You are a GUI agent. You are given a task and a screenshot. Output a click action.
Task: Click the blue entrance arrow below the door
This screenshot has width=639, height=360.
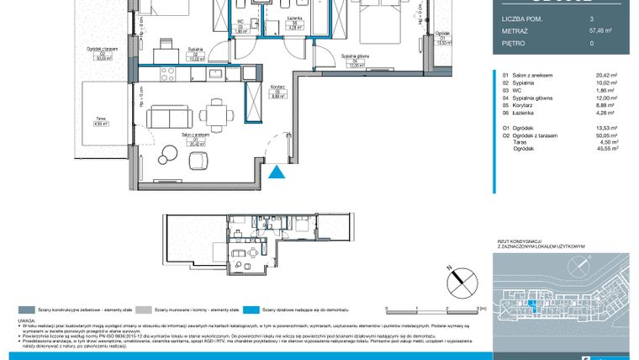click(276, 172)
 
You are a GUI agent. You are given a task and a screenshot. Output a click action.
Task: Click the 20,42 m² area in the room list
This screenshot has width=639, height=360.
click(605, 75)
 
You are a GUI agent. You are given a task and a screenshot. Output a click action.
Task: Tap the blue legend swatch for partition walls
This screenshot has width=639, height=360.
click(256, 309)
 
